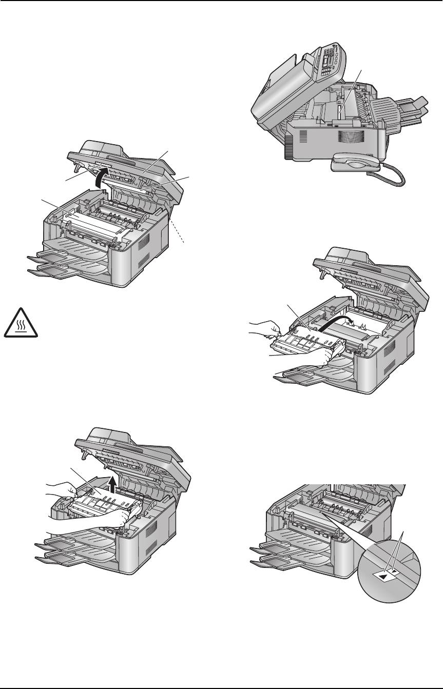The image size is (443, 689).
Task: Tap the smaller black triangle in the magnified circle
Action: (x=394, y=570)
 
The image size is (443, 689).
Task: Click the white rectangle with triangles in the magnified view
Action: (x=385, y=575)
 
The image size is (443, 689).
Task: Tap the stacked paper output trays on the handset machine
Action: (x=406, y=110)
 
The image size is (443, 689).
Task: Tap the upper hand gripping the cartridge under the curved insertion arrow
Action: (x=267, y=328)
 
